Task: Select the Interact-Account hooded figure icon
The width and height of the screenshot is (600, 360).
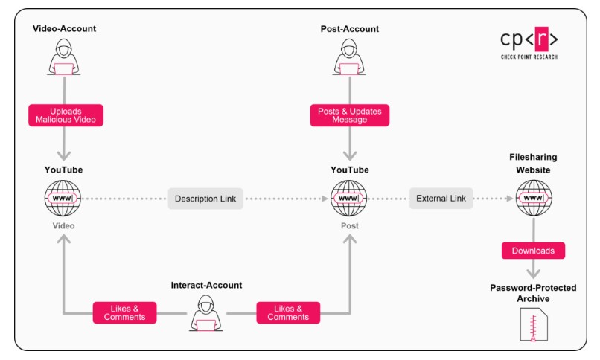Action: coord(205,312)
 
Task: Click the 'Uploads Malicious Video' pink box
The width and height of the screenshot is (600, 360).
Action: coord(64,115)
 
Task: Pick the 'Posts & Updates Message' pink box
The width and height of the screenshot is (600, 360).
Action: coord(349,115)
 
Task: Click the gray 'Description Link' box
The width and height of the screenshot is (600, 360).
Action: coord(205,199)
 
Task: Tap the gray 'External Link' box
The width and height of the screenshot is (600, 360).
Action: coord(441,199)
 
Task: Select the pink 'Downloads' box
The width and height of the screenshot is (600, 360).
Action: coord(533,251)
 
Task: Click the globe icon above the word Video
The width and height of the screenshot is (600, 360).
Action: coord(64,199)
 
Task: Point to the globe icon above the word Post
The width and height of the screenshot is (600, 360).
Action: coord(349,199)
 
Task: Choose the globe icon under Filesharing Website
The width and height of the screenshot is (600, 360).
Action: coord(533,199)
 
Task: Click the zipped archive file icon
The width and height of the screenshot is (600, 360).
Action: coord(533,327)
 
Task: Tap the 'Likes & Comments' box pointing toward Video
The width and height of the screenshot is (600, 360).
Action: coord(124,312)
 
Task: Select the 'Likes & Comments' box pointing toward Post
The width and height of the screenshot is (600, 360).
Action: coord(287,312)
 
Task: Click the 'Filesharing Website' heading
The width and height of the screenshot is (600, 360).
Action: coord(533,164)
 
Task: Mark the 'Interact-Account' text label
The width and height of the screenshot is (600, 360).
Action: coord(206,285)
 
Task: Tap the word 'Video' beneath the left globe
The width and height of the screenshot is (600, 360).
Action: coord(64,225)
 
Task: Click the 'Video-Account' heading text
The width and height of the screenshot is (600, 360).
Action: coord(64,29)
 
